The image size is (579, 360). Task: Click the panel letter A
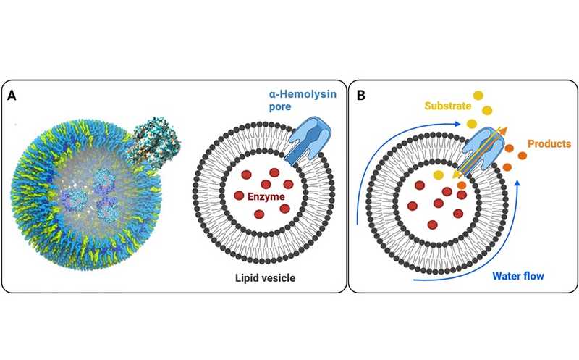[12, 95]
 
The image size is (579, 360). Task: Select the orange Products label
[549, 144]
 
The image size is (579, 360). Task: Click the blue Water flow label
[520, 276]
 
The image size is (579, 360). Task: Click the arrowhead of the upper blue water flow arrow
[460, 124]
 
